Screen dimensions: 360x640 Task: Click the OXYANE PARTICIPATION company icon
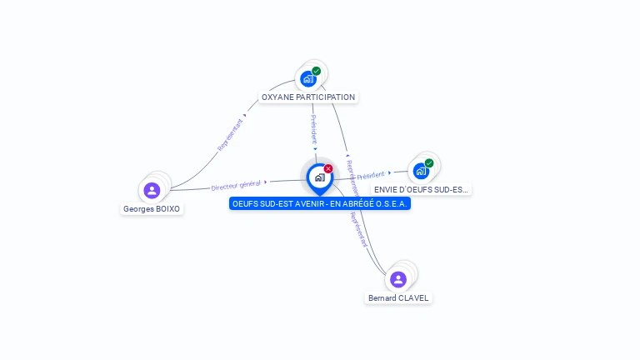coord(309,78)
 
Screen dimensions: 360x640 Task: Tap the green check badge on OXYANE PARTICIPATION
coord(317,71)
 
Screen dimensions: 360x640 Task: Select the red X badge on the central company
coord(328,168)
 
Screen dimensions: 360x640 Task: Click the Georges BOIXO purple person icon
coord(152,191)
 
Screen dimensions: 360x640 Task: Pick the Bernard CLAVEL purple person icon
coord(398,279)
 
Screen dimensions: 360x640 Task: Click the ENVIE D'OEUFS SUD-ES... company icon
coord(422,171)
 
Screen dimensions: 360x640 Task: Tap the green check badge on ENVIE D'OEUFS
coord(429,163)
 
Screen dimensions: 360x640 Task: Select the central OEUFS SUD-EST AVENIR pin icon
coord(319,177)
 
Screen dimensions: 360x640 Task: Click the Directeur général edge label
coord(236,184)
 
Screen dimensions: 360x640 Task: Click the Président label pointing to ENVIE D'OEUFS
coord(371,175)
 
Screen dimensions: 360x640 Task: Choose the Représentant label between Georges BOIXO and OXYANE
coord(231,134)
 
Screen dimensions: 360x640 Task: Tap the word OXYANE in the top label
coord(277,97)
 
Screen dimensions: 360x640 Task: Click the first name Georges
coord(138,209)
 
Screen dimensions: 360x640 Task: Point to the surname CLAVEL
coord(413,298)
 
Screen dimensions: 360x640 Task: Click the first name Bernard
coord(382,298)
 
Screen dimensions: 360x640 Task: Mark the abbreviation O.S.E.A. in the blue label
coord(392,203)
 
